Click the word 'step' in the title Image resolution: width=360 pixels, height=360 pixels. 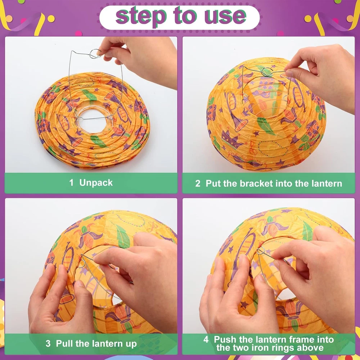tap(141, 16)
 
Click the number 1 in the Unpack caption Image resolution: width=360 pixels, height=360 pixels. tap(71, 183)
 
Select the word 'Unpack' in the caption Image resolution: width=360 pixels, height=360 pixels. tap(96, 183)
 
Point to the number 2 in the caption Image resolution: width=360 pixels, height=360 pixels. tap(198, 184)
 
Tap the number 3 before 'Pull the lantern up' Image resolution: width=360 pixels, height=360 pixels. tap(48, 344)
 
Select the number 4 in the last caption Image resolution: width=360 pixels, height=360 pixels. tap(206, 339)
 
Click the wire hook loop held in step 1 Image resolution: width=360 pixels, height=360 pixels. tap(95, 54)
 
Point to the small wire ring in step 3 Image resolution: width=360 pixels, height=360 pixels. tap(82, 264)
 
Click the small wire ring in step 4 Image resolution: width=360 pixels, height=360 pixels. tap(261, 251)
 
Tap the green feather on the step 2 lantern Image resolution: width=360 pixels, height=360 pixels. tap(266, 126)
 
